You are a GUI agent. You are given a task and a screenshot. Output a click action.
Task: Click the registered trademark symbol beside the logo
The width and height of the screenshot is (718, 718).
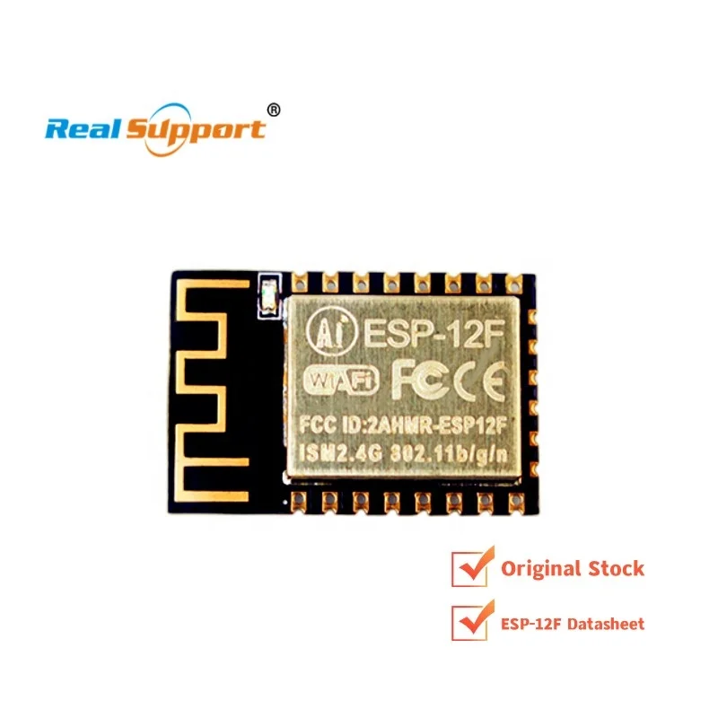(275, 109)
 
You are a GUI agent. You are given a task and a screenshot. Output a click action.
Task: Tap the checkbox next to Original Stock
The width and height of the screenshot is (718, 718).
(467, 567)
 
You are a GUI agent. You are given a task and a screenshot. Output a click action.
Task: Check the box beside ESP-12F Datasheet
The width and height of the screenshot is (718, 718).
(467, 621)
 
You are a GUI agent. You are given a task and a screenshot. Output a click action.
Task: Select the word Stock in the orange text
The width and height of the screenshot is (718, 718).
(617, 568)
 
